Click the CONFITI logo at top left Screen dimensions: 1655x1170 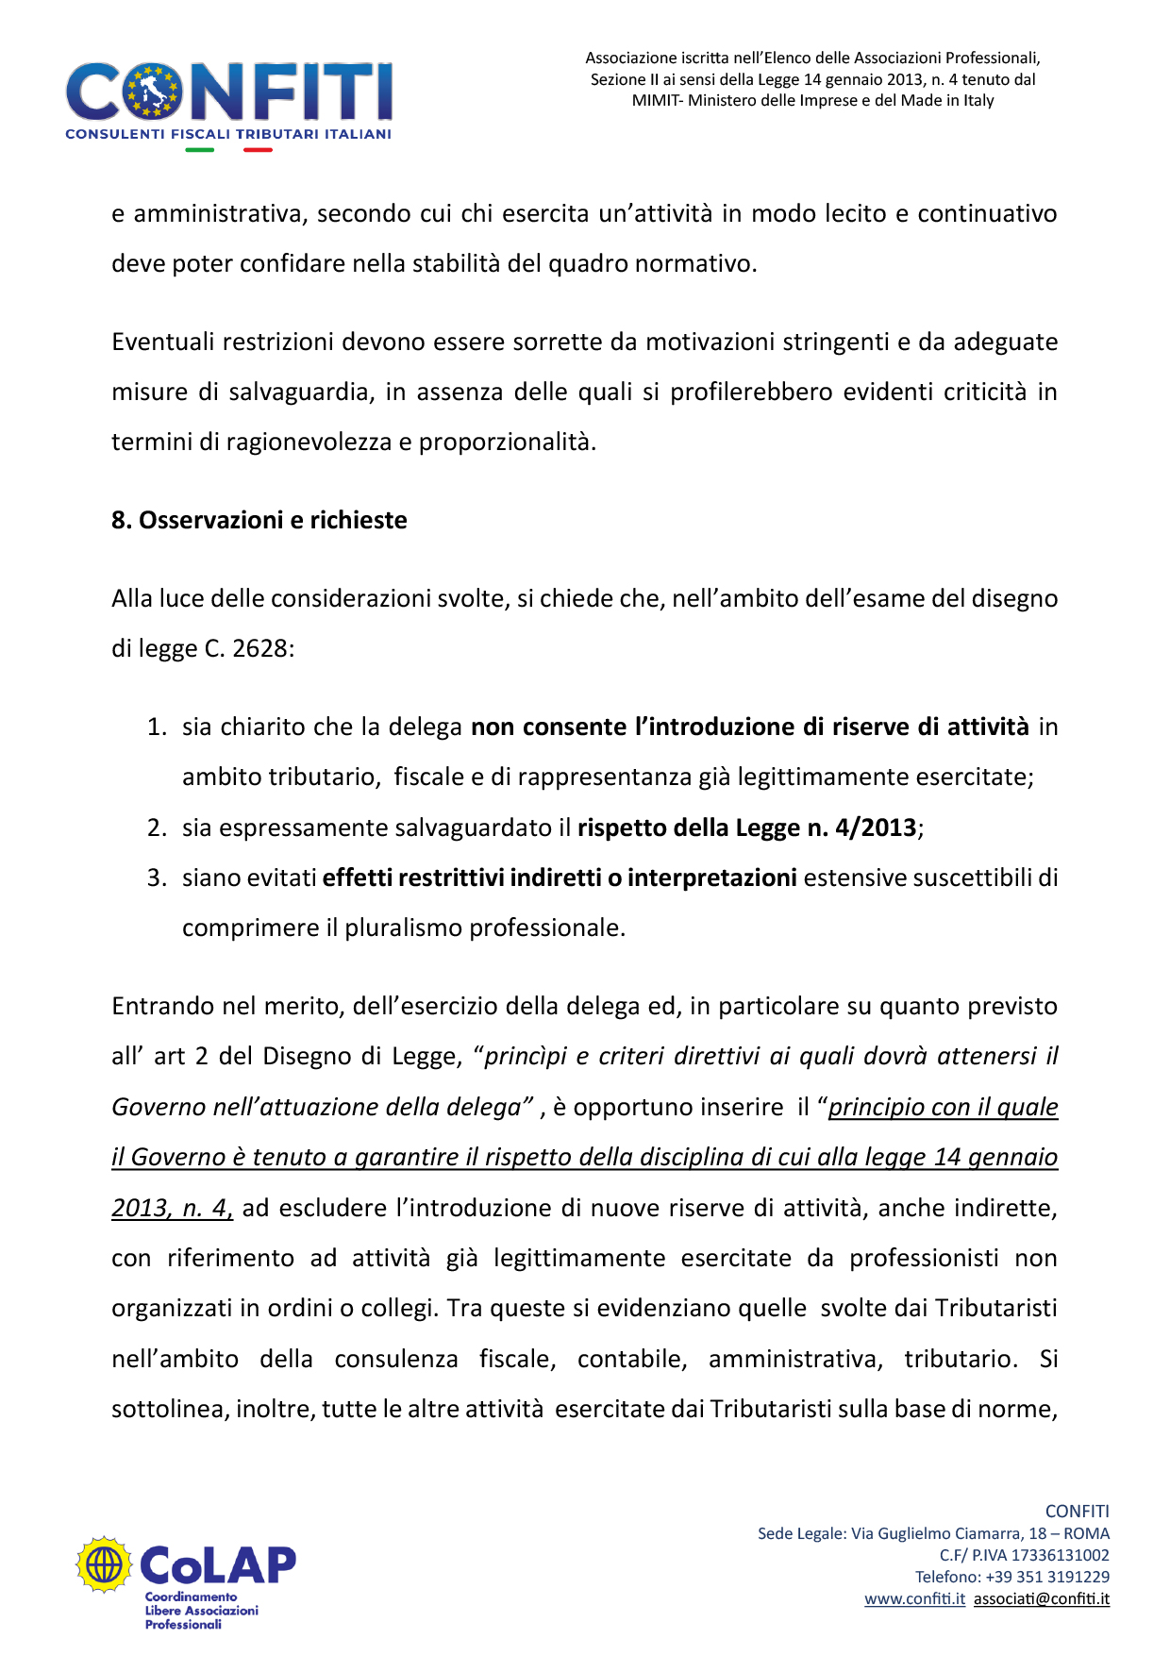pyautogui.click(x=228, y=94)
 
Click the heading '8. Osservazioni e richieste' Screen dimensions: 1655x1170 pyautogui.click(x=259, y=520)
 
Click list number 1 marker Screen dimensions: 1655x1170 pyautogui.click(x=157, y=727)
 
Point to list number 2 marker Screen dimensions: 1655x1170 pyautogui.click(x=157, y=828)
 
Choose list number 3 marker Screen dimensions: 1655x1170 pyautogui.click(x=157, y=878)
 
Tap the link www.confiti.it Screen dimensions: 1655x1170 pyautogui.click(x=914, y=1598)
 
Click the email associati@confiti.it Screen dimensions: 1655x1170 pyautogui.click(x=1042, y=1598)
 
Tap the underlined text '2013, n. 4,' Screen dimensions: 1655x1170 pyautogui.click(x=172, y=1209)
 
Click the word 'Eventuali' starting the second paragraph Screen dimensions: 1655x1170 pyautogui.click(x=163, y=342)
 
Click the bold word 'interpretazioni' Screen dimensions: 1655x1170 pyautogui.click(x=712, y=878)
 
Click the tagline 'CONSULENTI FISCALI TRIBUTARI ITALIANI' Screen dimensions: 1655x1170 pyautogui.click(x=228, y=134)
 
